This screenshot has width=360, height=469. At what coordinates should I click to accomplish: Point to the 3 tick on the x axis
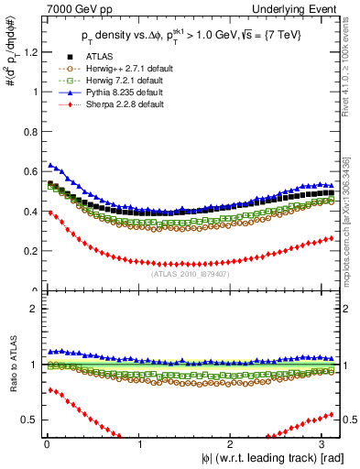pos(326,444)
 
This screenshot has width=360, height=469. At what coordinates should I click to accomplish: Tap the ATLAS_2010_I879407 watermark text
pos(191,273)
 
